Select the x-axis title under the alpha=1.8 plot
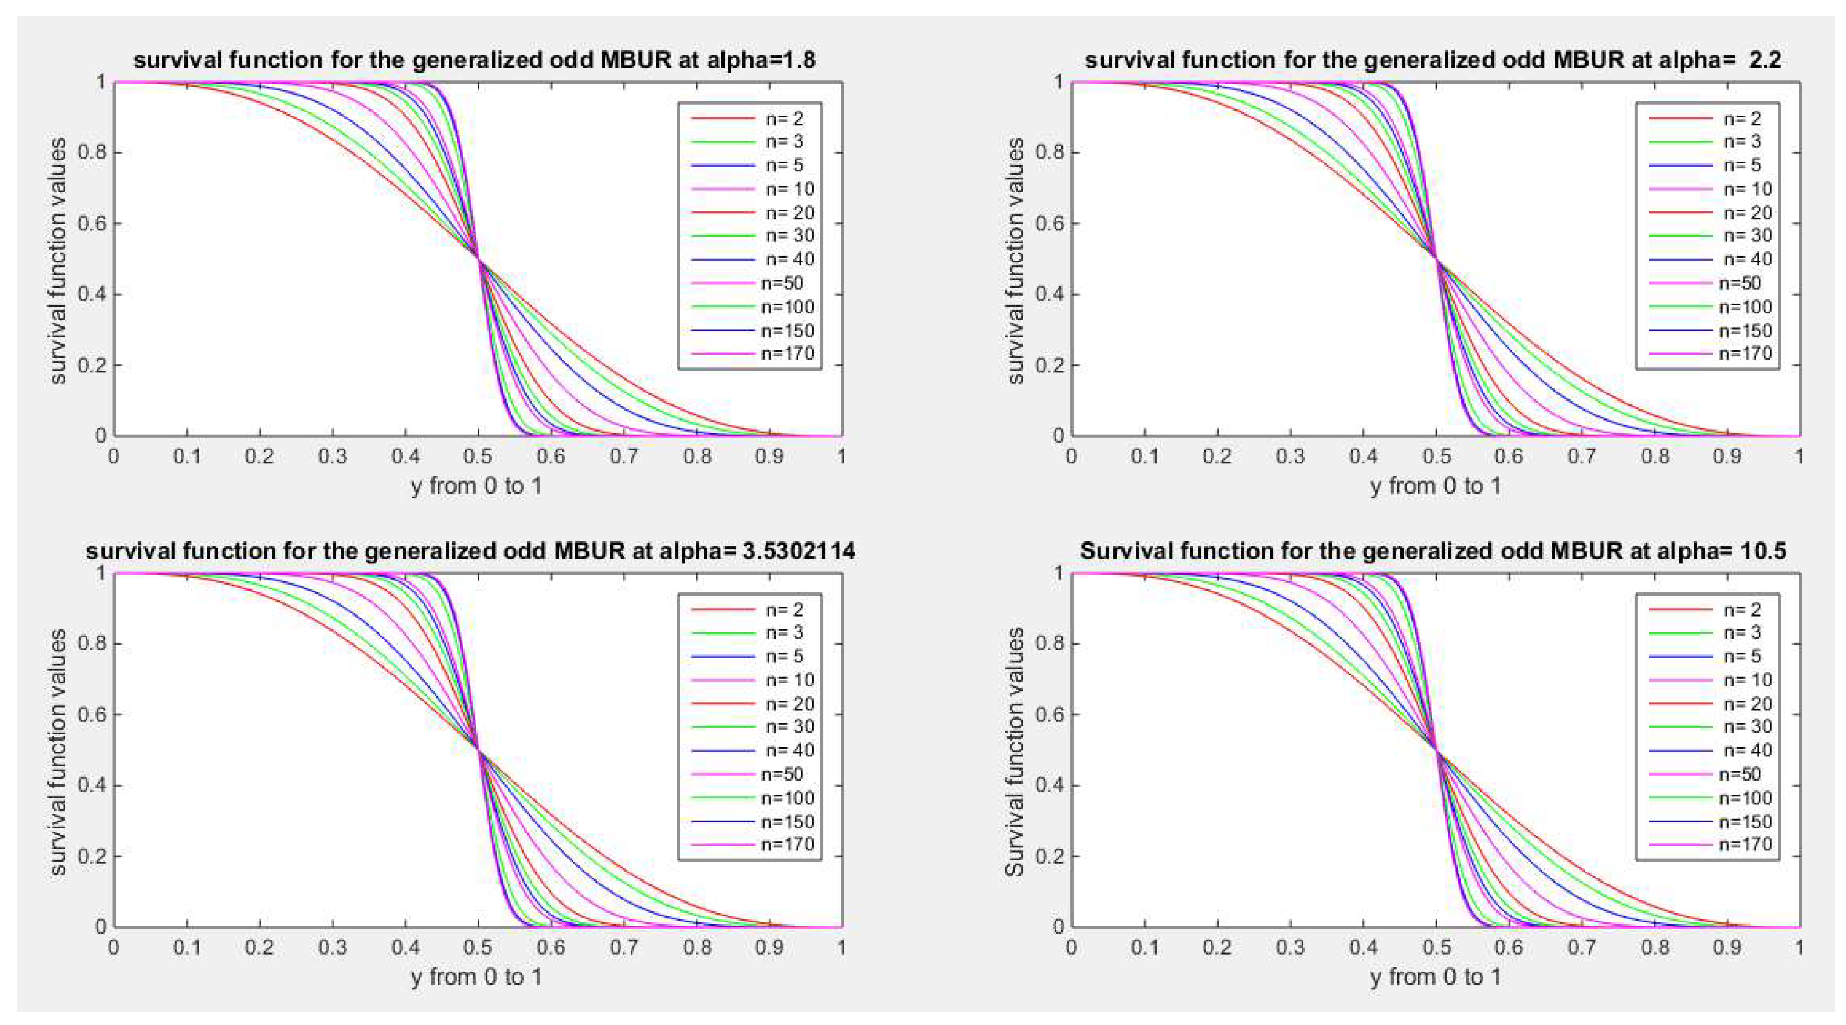[x=477, y=486]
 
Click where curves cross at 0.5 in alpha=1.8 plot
[x=478, y=259]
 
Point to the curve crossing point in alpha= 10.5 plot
[x=1436, y=750]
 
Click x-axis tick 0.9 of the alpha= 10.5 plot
[x=1727, y=948]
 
